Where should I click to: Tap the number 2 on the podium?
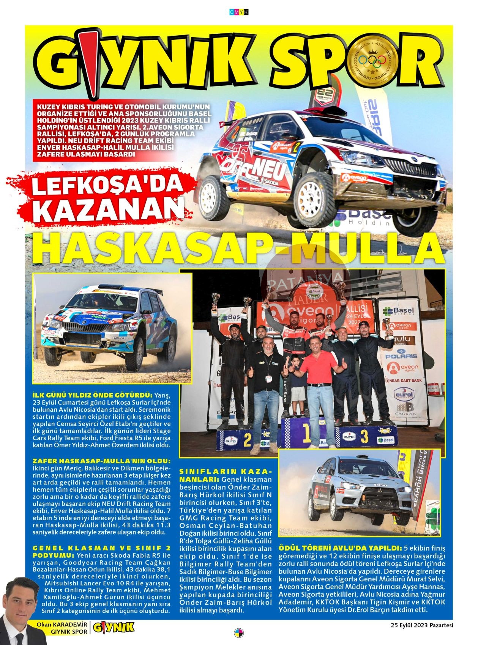pyautogui.click(x=247, y=440)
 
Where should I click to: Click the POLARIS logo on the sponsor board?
pyautogui.click(x=401, y=356)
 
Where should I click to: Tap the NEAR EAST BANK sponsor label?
pyautogui.click(x=403, y=380)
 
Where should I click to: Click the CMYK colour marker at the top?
pyautogui.click(x=239, y=12)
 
